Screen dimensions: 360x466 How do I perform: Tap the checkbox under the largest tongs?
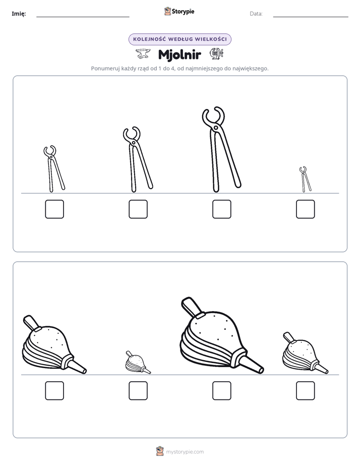221,209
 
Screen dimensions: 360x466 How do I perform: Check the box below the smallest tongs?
306,209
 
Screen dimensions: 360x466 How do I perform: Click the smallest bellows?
137,363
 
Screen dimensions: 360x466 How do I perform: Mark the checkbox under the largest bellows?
221,391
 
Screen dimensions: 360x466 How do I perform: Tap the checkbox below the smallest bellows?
138,391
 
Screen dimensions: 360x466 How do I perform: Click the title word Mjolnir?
179,54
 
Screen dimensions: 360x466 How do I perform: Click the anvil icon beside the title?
143,54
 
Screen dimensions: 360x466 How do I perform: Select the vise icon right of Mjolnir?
216,53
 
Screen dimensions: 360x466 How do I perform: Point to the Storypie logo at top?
179,12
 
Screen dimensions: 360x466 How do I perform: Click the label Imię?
19,14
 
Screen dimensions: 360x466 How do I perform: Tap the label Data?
256,14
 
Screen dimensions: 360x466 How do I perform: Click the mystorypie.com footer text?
185,452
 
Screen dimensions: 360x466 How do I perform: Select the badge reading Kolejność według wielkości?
179,39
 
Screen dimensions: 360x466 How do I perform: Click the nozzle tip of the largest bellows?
261,370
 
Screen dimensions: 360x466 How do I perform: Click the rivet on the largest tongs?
216,128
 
